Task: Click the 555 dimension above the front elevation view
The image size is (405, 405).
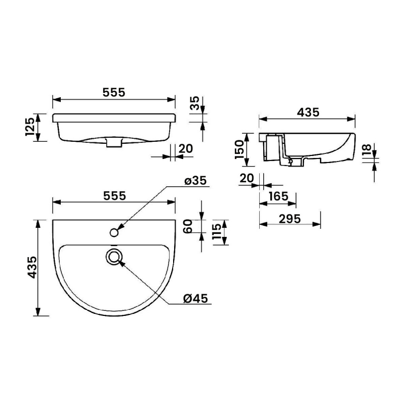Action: [x=114, y=92]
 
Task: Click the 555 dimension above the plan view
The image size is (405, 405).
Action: [x=114, y=195]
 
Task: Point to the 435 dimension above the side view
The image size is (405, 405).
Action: [x=308, y=113]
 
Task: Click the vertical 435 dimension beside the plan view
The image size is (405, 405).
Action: [x=31, y=267]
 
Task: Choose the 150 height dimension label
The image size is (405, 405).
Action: [x=239, y=149]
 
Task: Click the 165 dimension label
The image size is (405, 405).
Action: [x=278, y=196]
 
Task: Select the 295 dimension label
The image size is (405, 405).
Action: [x=290, y=219]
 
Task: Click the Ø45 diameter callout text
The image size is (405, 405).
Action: [x=196, y=298]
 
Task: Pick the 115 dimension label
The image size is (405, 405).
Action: [x=217, y=232]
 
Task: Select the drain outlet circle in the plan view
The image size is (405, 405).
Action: [x=115, y=257]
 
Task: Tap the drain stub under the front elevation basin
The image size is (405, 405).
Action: [x=114, y=144]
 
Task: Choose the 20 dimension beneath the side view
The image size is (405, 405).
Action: [x=247, y=178]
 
